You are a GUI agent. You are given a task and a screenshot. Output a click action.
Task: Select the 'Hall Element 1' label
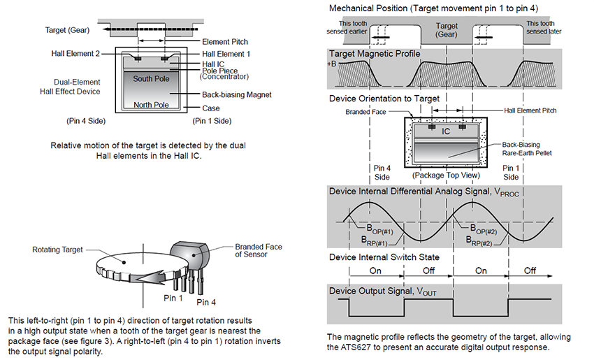[x=226, y=54]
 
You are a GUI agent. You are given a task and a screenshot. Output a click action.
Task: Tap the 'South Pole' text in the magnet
[x=151, y=78]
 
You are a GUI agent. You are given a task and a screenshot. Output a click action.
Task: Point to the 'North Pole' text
[x=151, y=105]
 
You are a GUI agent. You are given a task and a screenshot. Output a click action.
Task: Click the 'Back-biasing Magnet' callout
[x=236, y=94]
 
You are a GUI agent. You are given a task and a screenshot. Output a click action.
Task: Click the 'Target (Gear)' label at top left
[x=68, y=30]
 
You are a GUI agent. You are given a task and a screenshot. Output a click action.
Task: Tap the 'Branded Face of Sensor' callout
[x=258, y=251]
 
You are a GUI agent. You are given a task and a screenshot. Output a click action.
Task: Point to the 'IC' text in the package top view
[x=446, y=131]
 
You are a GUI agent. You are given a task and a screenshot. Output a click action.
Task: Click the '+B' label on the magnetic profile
[x=331, y=64]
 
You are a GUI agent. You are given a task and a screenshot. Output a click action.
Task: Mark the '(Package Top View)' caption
[x=445, y=175]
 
